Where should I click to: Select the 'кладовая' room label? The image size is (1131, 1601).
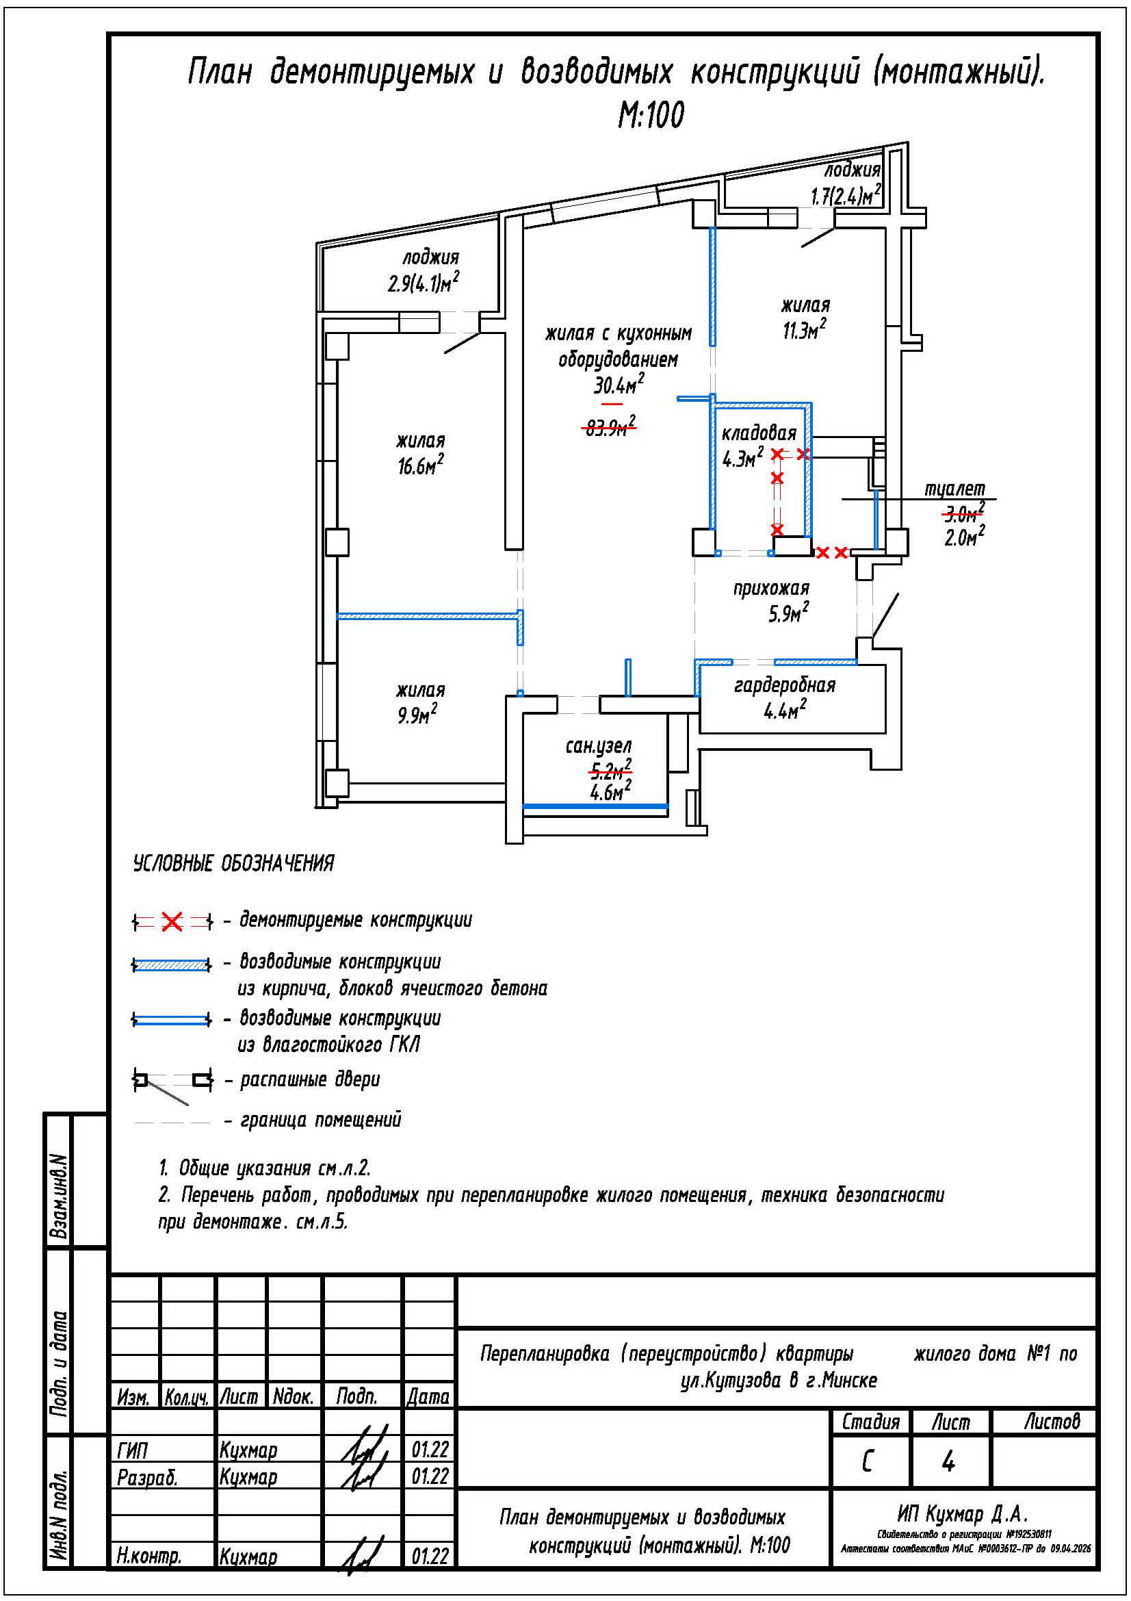759,434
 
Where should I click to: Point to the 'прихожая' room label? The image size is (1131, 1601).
770,589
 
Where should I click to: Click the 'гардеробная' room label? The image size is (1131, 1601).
785,685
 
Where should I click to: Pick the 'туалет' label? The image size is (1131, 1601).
954,489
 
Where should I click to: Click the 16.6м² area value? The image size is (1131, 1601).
421,465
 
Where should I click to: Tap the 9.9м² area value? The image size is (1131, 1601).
417,714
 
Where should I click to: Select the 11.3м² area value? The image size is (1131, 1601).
805,329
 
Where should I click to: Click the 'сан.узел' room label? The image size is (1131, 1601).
599,746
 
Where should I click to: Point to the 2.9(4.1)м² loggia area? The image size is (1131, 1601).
424,283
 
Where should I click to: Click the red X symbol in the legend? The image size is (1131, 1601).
172,923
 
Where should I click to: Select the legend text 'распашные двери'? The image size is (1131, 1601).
310,1080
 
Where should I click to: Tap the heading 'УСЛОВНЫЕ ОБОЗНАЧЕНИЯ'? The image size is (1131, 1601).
233,863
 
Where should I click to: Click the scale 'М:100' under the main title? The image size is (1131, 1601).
651,115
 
